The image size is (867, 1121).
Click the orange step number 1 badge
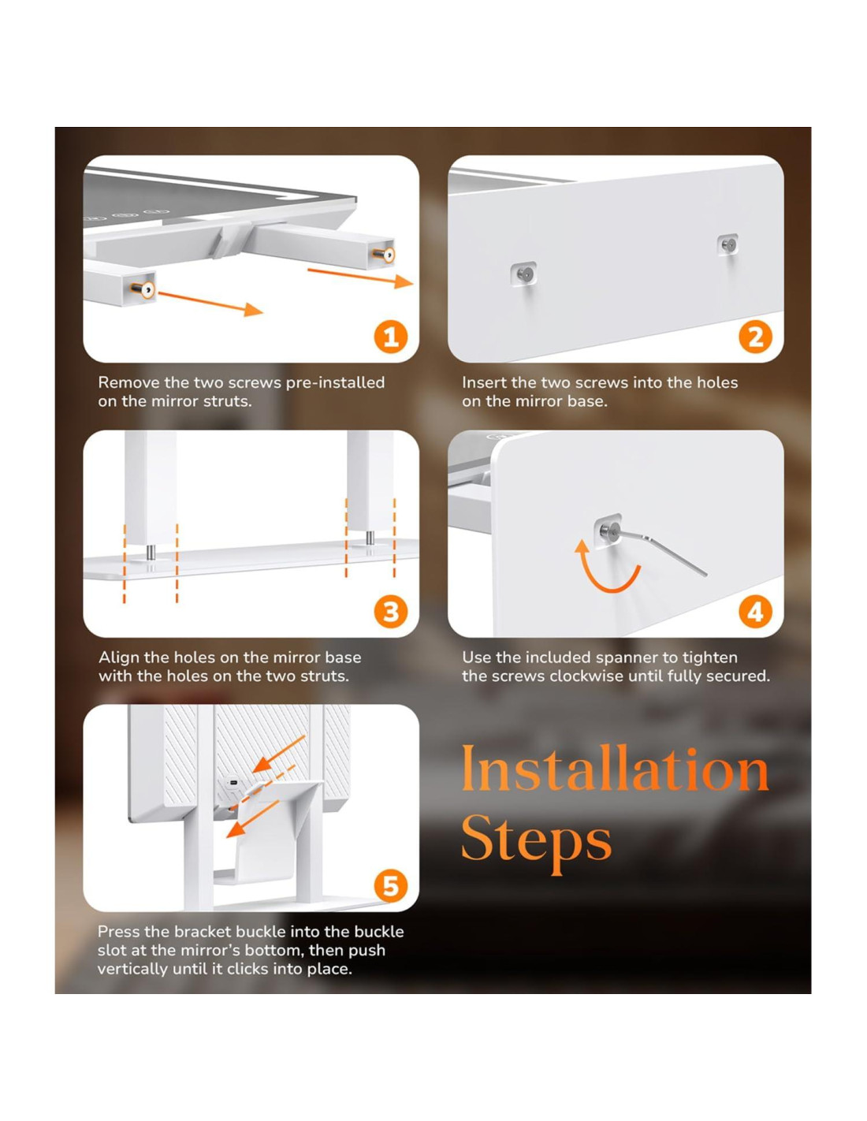(390, 337)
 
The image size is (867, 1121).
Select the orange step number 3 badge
(390, 612)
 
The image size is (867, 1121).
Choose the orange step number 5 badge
(390, 886)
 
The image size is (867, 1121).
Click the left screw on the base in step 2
(524, 274)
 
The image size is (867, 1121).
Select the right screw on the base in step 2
(728, 245)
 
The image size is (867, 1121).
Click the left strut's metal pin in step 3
(151, 553)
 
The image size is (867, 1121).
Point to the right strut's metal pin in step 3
(370, 538)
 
